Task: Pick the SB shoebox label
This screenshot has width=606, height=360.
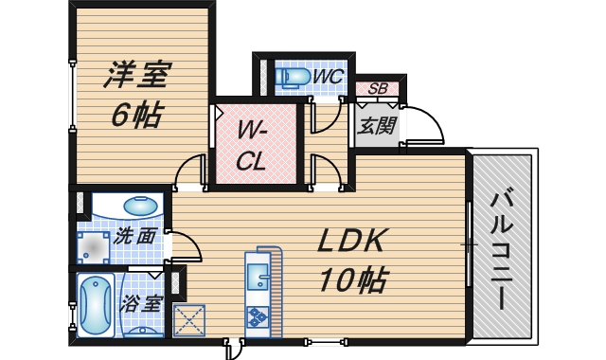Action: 377,89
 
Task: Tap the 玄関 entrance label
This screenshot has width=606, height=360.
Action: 376,125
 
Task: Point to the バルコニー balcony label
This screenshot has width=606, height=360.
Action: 504,249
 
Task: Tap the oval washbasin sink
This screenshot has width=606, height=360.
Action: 141,205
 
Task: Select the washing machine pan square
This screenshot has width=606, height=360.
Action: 95,244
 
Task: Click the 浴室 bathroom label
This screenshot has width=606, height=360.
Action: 140,305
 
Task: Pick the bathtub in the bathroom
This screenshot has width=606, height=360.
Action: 95,305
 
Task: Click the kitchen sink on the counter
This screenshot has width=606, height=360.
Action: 258,278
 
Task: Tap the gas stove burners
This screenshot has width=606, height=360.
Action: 258,316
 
